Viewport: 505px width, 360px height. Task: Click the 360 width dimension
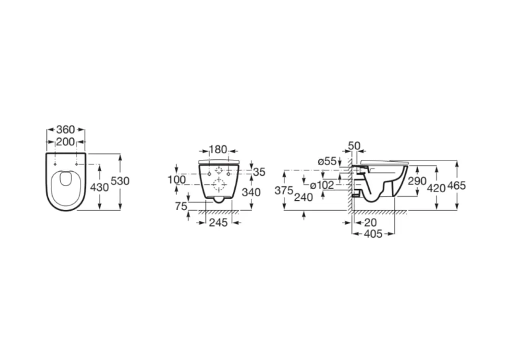[66, 129]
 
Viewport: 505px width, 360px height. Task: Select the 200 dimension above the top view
[65, 141]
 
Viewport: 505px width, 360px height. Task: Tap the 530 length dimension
[120, 181]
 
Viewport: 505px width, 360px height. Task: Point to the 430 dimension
[100, 187]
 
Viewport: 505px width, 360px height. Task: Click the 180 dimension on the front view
[218, 150]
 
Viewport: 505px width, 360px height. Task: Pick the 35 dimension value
[259, 172]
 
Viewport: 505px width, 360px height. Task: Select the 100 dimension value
[176, 180]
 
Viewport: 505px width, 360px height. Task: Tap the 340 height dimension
[252, 192]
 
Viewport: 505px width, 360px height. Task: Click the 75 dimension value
[182, 206]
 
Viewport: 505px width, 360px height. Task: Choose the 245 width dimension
[219, 223]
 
